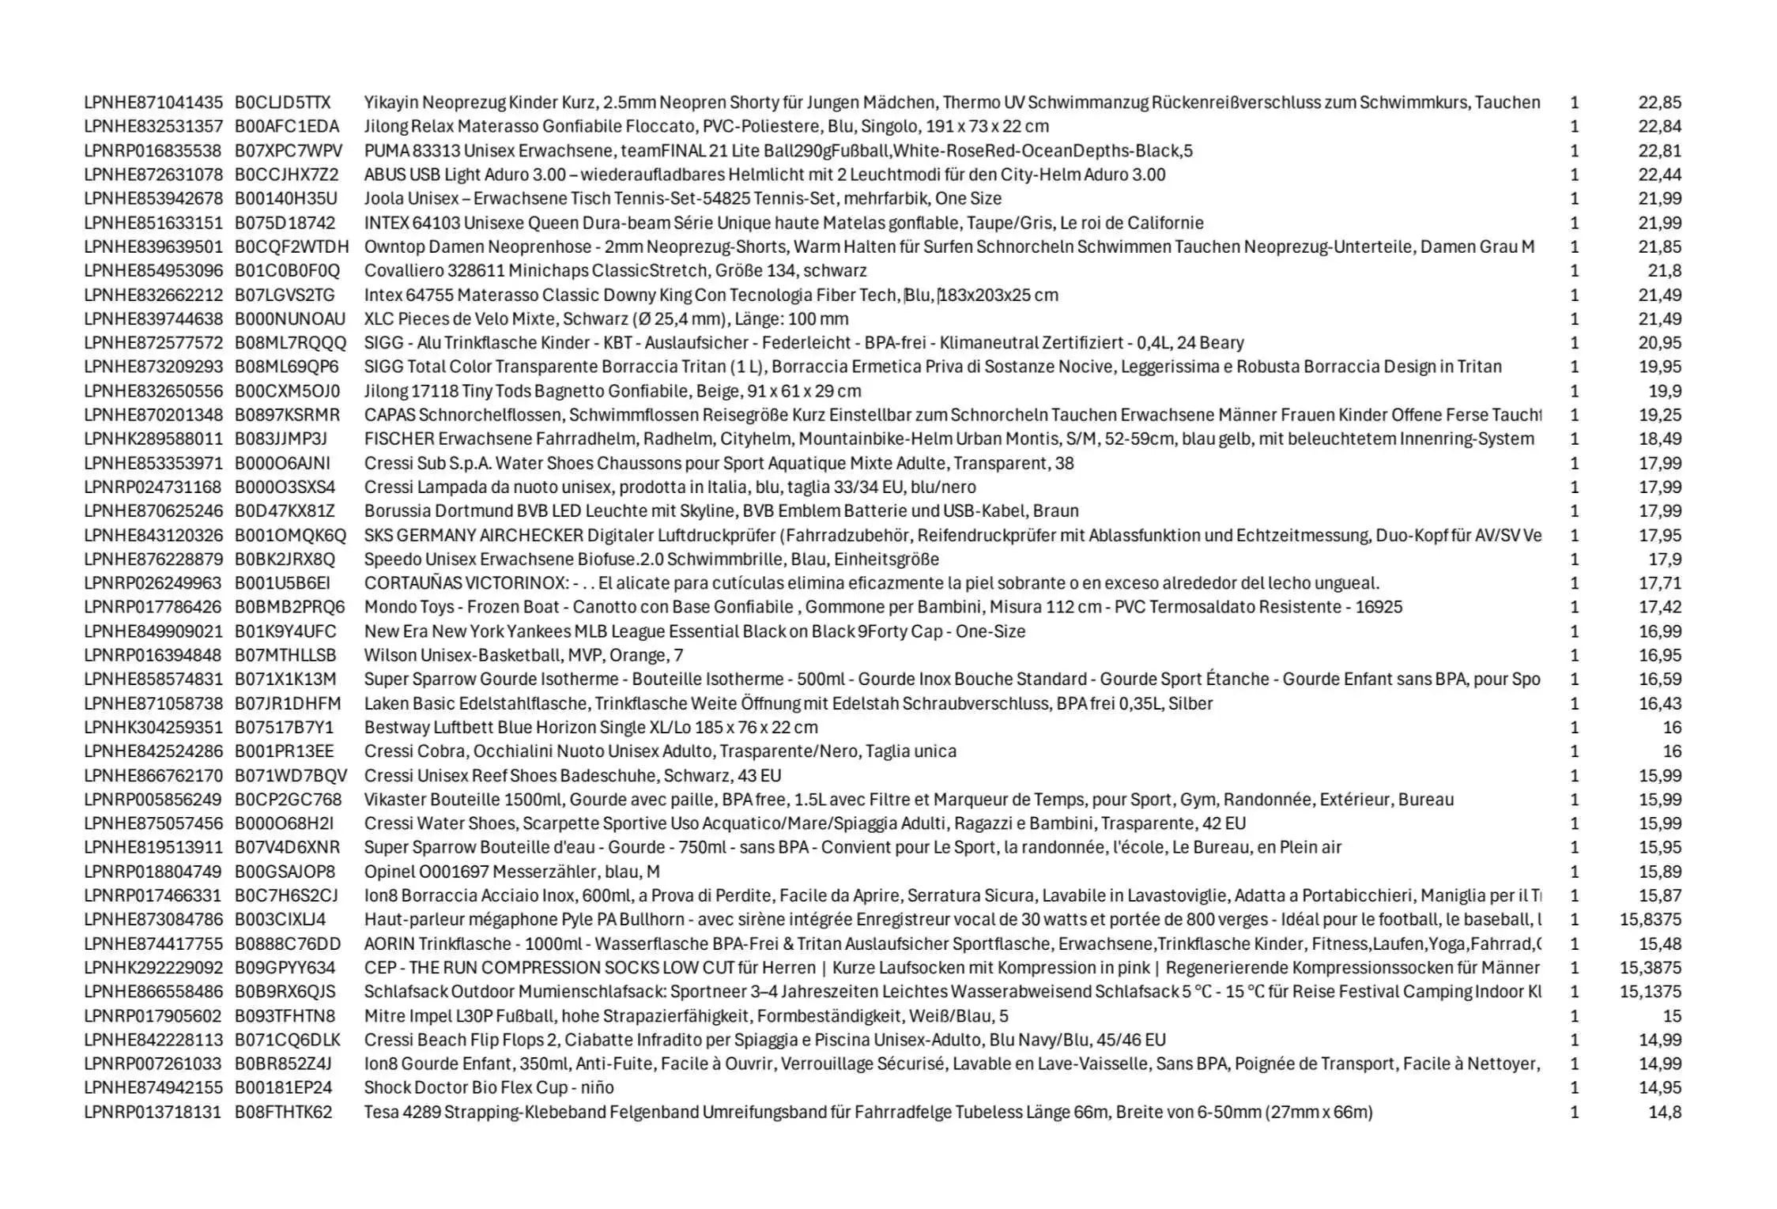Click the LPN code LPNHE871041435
point(153,103)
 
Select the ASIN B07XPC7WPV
point(289,151)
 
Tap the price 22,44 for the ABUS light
point(1659,175)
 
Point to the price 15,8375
point(1650,920)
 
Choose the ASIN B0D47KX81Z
point(285,511)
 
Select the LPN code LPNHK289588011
point(153,439)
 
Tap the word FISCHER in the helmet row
point(399,439)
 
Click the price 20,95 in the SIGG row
point(1659,343)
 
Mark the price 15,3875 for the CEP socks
point(1650,968)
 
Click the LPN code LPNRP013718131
point(153,1113)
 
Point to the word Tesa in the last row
point(381,1113)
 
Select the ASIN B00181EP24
point(283,1088)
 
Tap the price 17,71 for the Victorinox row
point(1659,583)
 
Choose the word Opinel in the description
point(390,872)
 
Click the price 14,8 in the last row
point(1664,1113)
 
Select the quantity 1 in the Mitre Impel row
point(1574,1016)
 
